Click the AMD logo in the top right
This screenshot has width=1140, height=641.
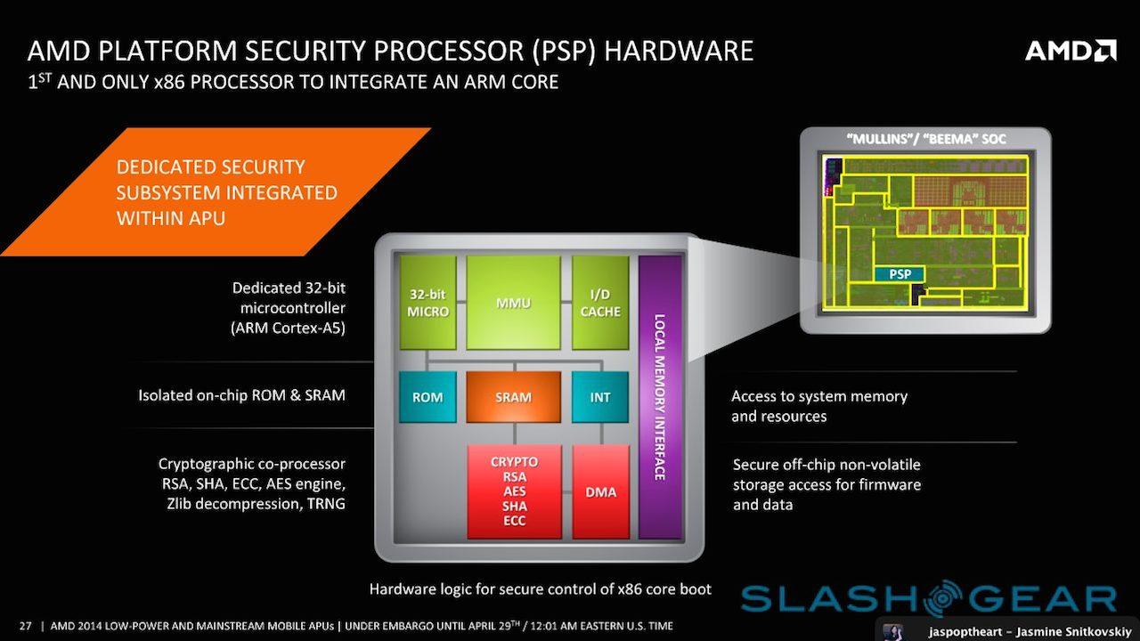pos(1071,50)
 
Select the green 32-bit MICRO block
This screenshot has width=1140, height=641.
pos(427,303)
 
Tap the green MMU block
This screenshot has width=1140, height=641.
pos(513,303)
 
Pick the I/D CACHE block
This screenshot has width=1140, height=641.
pos(600,303)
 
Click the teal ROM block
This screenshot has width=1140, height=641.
pos(427,397)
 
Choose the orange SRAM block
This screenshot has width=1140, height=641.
pos(513,397)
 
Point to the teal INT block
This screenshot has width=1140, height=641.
pos(600,397)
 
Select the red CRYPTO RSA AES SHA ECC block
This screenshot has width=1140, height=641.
pos(514,492)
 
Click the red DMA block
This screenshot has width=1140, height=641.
pos(600,492)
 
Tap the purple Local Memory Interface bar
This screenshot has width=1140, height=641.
pos(660,397)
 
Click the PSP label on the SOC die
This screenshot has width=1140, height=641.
pos(900,274)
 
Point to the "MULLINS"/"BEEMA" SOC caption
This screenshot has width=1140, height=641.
pos(924,140)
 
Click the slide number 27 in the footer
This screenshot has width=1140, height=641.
pos(25,626)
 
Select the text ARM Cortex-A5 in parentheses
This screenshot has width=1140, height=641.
pos(289,328)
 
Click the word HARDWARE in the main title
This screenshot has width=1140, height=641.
pos(679,50)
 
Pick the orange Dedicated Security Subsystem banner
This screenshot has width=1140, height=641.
pos(218,191)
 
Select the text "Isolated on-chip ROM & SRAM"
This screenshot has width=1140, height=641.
pos(241,394)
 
